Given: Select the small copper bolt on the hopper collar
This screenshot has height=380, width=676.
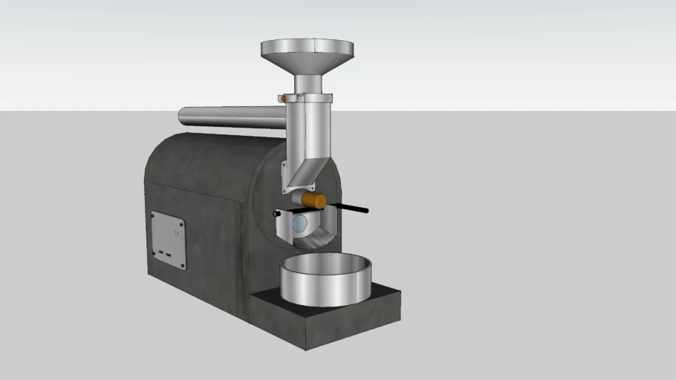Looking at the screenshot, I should coord(284,97).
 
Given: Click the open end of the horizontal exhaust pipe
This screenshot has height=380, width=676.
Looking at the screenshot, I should coord(181,117).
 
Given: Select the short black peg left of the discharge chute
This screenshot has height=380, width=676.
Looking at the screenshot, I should coord(276,214).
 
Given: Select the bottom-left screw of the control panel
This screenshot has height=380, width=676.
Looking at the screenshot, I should coord(154,252).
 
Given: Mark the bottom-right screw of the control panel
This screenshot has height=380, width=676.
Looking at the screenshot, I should coord(182,266).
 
